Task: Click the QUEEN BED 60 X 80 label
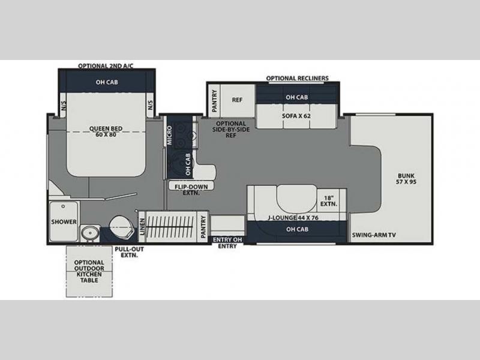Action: tap(106, 131)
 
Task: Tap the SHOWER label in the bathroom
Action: tap(64, 221)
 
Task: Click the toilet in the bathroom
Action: tap(122, 227)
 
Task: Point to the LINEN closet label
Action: tap(142, 227)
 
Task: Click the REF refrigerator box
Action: tap(237, 101)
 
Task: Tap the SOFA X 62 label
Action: tap(296, 116)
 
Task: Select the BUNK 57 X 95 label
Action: tap(406, 179)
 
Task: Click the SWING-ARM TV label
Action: tap(374, 235)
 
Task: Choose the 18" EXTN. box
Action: tap(328, 201)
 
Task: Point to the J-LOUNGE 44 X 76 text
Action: tap(293, 218)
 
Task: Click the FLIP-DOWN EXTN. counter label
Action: tap(191, 190)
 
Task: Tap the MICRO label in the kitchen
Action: tap(169, 136)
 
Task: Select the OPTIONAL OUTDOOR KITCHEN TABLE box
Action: tap(89, 271)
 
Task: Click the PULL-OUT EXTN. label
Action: tap(129, 252)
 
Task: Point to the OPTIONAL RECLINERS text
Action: tap(297, 79)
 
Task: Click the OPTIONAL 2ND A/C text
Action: tap(106, 66)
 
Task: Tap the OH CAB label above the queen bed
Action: tap(107, 82)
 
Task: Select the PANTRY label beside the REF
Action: tap(214, 101)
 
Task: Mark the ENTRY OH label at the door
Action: tap(227, 239)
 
